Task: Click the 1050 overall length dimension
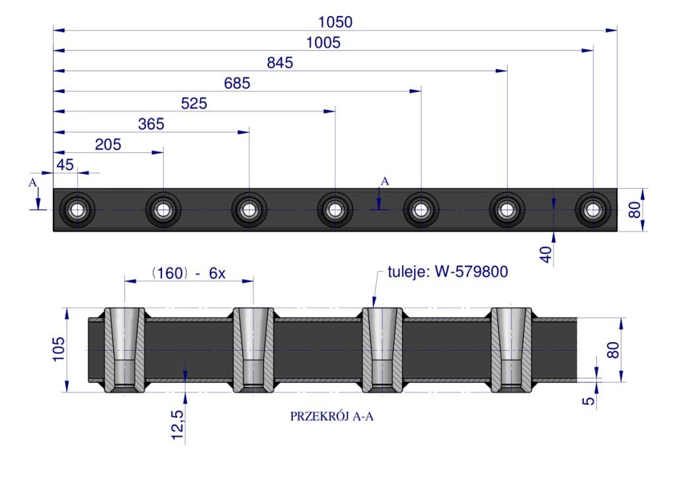pyautogui.click(x=335, y=22)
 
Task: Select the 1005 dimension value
pyautogui.click(x=323, y=43)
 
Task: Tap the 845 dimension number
pyautogui.click(x=280, y=63)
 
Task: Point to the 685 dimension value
pyautogui.click(x=237, y=83)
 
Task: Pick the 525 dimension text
pyautogui.click(x=194, y=104)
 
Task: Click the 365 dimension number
pyautogui.click(x=151, y=124)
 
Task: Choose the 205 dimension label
pyautogui.click(x=108, y=145)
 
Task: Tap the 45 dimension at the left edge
pyautogui.click(x=65, y=165)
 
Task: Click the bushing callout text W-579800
pyautogui.click(x=471, y=272)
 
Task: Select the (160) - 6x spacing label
pyautogui.click(x=188, y=273)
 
